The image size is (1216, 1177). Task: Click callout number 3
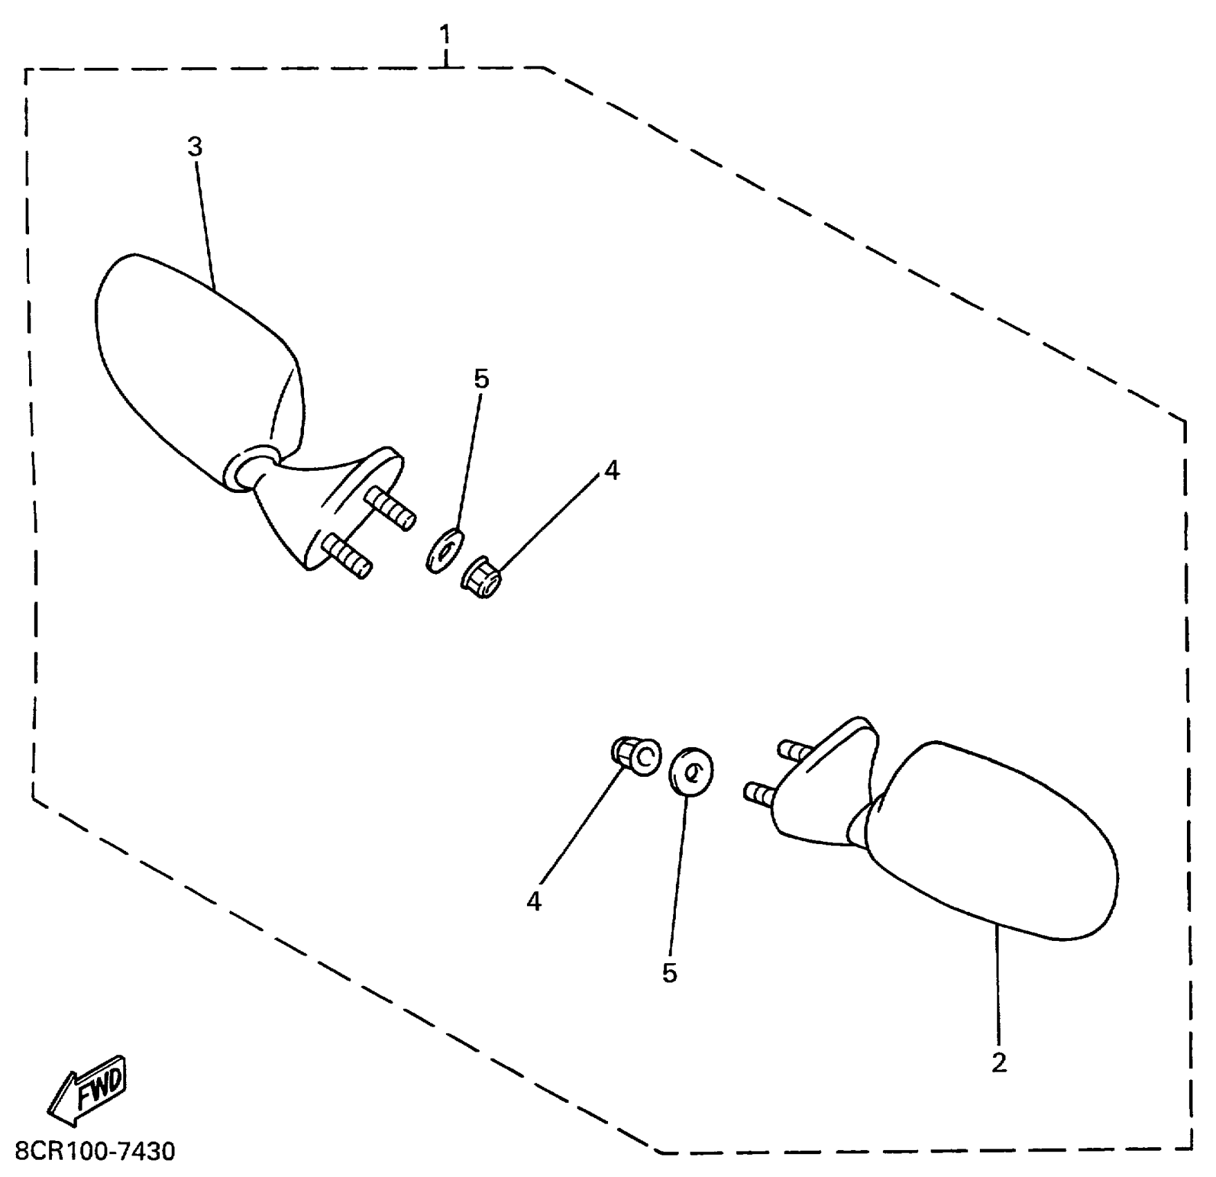click(x=195, y=147)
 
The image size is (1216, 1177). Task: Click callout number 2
click(x=998, y=1063)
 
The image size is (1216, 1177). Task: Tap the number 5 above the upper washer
click(x=481, y=379)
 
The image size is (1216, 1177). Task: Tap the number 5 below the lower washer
click(x=669, y=973)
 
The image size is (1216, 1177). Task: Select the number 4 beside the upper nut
click(x=611, y=471)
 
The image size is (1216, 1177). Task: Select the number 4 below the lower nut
click(x=533, y=901)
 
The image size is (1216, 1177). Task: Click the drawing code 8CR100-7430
click(x=95, y=1152)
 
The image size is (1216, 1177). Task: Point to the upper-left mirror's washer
click(x=444, y=551)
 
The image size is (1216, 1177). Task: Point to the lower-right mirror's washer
click(x=691, y=771)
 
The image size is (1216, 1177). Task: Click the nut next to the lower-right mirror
click(x=636, y=756)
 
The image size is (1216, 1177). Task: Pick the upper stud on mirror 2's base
click(x=796, y=751)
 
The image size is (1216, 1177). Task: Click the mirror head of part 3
click(x=194, y=360)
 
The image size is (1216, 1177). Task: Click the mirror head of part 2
click(x=990, y=838)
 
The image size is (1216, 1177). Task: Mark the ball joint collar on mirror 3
click(x=249, y=467)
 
